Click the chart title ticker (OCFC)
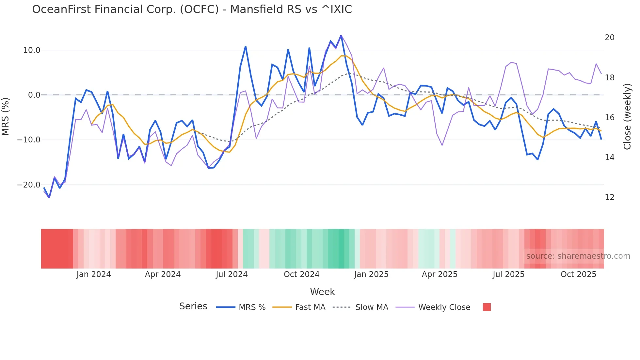point(199,9)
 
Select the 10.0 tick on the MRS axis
point(32,50)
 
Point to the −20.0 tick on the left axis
point(29,185)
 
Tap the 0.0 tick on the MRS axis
point(34,95)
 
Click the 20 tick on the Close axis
point(609,38)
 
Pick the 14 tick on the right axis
point(609,157)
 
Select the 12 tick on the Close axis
point(609,197)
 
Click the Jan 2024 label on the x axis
point(94,274)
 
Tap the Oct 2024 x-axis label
point(301,274)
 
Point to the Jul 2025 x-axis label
point(508,274)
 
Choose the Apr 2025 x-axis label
point(440,274)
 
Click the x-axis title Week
point(322,292)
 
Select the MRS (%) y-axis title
point(6,116)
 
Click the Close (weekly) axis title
point(627,116)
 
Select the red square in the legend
point(487,307)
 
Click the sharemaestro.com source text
point(578,256)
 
